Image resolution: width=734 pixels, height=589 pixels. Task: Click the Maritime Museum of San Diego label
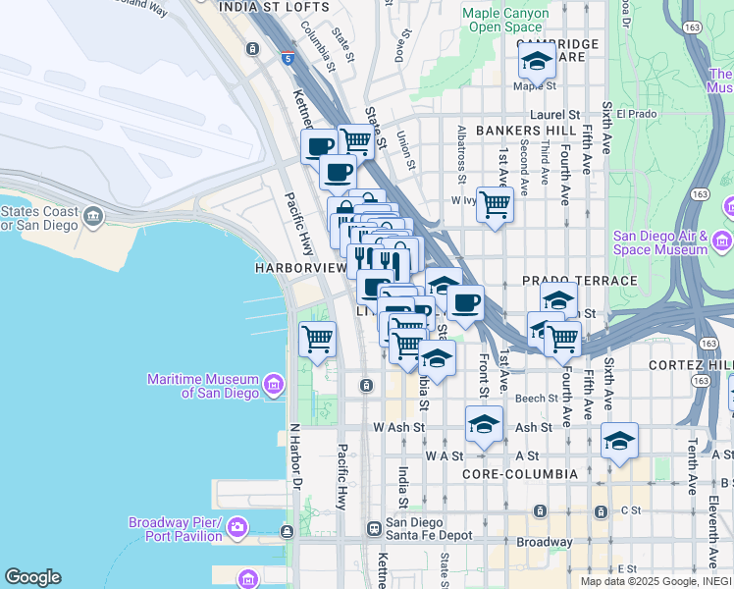point(202,386)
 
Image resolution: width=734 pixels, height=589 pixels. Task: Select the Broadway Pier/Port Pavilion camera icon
point(237,529)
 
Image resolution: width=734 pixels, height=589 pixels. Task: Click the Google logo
point(32,577)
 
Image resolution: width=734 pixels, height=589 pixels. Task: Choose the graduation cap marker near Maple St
point(537,61)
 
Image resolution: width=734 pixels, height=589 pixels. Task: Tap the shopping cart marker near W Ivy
point(496,204)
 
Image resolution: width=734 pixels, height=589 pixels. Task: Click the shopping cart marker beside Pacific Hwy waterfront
point(317,339)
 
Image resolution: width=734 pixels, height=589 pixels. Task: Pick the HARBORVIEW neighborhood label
point(301,267)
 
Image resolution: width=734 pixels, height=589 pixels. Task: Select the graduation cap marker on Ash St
point(483,425)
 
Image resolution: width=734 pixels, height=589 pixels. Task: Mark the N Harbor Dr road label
point(293,456)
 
